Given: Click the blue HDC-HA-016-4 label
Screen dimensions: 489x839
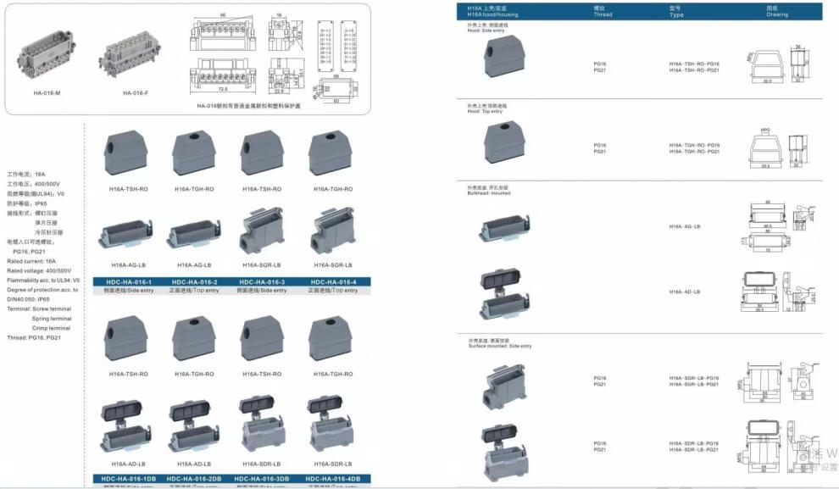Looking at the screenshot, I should tap(334, 281).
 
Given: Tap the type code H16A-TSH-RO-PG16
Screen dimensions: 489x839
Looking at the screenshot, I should tap(693, 64).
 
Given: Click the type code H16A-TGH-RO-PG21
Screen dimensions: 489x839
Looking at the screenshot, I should tap(693, 152).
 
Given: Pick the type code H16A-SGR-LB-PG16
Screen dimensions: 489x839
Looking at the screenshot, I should tap(693, 378).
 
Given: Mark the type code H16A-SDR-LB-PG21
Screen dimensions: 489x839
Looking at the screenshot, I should tap(693, 449).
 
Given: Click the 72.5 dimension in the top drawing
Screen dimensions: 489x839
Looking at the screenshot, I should tap(221, 88).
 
